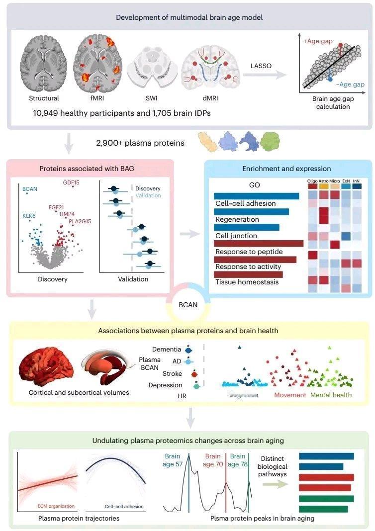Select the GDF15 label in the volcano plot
pyautogui.click(x=71, y=182)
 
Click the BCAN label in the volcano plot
pyautogui.click(x=30, y=189)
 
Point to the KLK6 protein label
pyautogui.click(x=29, y=216)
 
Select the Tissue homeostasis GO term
pyautogui.click(x=240, y=282)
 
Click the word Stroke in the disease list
pyautogui.click(x=172, y=373)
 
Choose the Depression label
pyautogui.click(x=166, y=385)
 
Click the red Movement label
pyautogui.click(x=290, y=395)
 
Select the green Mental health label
pyautogui.click(x=331, y=395)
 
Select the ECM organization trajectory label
pyautogui.click(x=56, y=506)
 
